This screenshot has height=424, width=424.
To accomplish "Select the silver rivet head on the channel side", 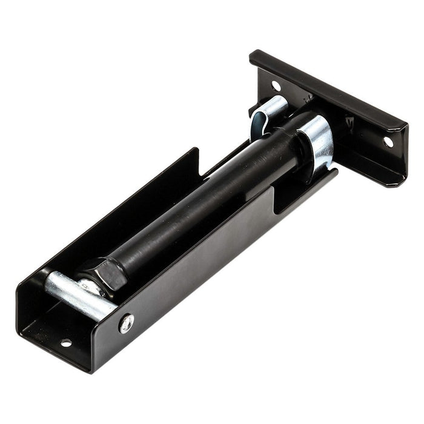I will click(x=127, y=323).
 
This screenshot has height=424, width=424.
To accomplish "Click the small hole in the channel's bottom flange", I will click(x=65, y=343).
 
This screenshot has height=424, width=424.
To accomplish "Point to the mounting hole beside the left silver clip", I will click(x=276, y=85).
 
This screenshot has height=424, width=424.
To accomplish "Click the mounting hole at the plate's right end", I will click(x=388, y=141).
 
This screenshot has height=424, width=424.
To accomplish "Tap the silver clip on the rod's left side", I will click(x=267, y=112).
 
